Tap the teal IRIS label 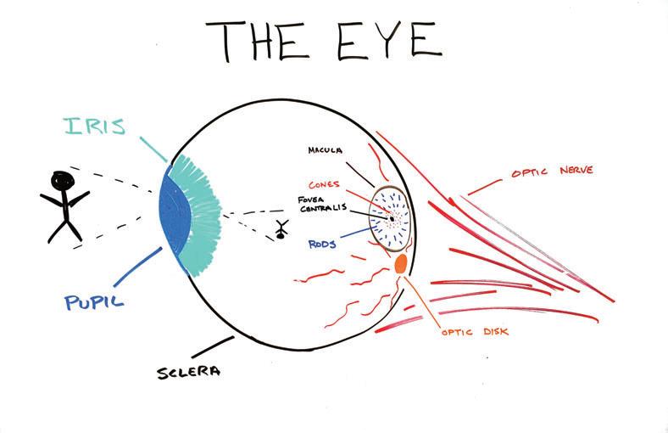pos(95,128)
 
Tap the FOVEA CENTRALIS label pos(321,205)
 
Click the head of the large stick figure pos(62,181)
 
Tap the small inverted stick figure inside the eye pos(281,229)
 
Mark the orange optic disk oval pos(402,264)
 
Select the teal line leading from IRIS pos(152,144)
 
